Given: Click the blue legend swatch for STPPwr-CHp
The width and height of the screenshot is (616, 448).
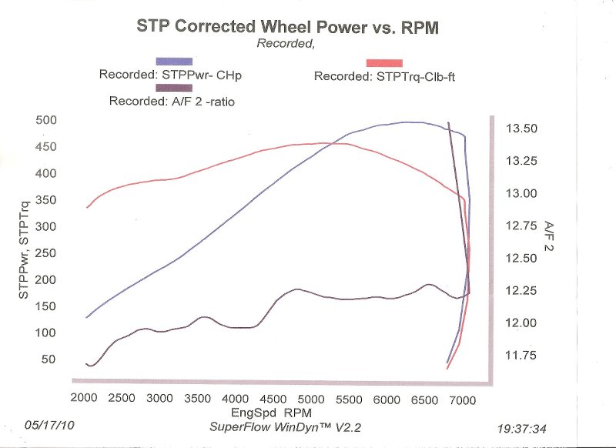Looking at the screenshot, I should pos(174,61).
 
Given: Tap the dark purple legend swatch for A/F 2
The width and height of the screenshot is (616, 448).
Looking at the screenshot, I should pos(174,88).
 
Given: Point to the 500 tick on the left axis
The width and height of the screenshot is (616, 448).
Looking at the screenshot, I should pos(47,120).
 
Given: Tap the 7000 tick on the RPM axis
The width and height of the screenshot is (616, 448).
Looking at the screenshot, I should pos(461,399).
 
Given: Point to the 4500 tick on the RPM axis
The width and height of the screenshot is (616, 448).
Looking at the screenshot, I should pos(273,399).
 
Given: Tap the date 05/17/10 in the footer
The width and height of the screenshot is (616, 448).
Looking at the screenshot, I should pos(50,424).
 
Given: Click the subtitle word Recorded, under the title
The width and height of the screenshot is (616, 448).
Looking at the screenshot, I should pos(286,45).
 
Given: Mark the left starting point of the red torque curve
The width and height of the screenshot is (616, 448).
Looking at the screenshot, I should pos(87,207).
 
